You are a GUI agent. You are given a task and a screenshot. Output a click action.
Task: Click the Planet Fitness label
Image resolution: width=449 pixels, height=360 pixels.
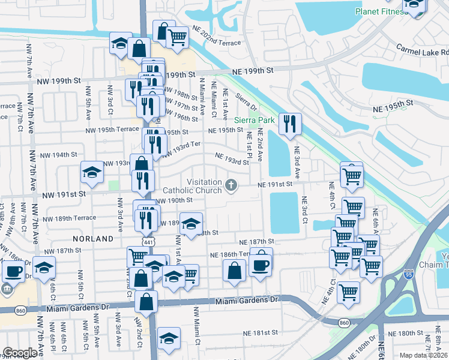tap(381, 11)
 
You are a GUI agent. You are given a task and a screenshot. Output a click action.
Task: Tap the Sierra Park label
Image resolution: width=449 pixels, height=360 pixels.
tap(263, 120)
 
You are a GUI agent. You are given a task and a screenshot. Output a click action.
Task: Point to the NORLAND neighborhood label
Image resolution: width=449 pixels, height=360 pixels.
tap(93, 239)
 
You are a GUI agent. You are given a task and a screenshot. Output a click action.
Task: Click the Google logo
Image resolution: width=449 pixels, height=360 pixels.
tap(20, 353)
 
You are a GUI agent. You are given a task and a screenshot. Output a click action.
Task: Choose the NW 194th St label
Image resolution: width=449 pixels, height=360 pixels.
tap(58, 154)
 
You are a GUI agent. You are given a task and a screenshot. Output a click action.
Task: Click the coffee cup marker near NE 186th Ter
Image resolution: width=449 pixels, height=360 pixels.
tap(261, 265)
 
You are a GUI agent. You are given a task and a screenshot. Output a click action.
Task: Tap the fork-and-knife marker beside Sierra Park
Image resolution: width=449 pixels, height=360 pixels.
tap(289, 124)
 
